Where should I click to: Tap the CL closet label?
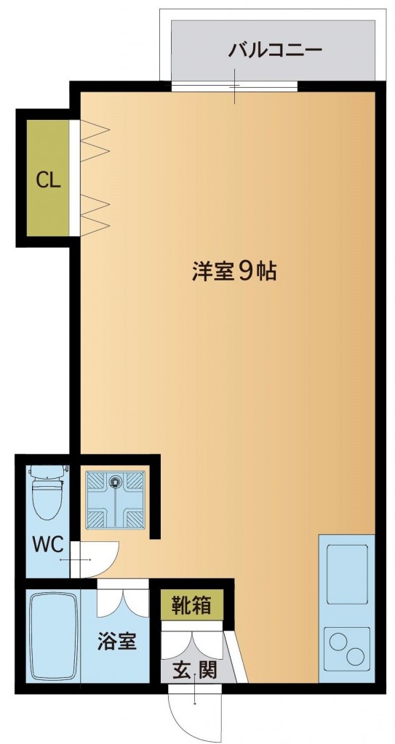coord(48,180)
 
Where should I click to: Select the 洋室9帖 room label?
coord(234,272)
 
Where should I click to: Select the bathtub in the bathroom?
coord(52,636)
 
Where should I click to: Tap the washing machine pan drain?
coord(115,480)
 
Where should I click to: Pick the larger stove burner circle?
coord(340,642)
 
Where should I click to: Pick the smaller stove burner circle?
coord(356,657)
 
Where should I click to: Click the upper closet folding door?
coord(93,140)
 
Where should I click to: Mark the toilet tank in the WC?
coord(48,472)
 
